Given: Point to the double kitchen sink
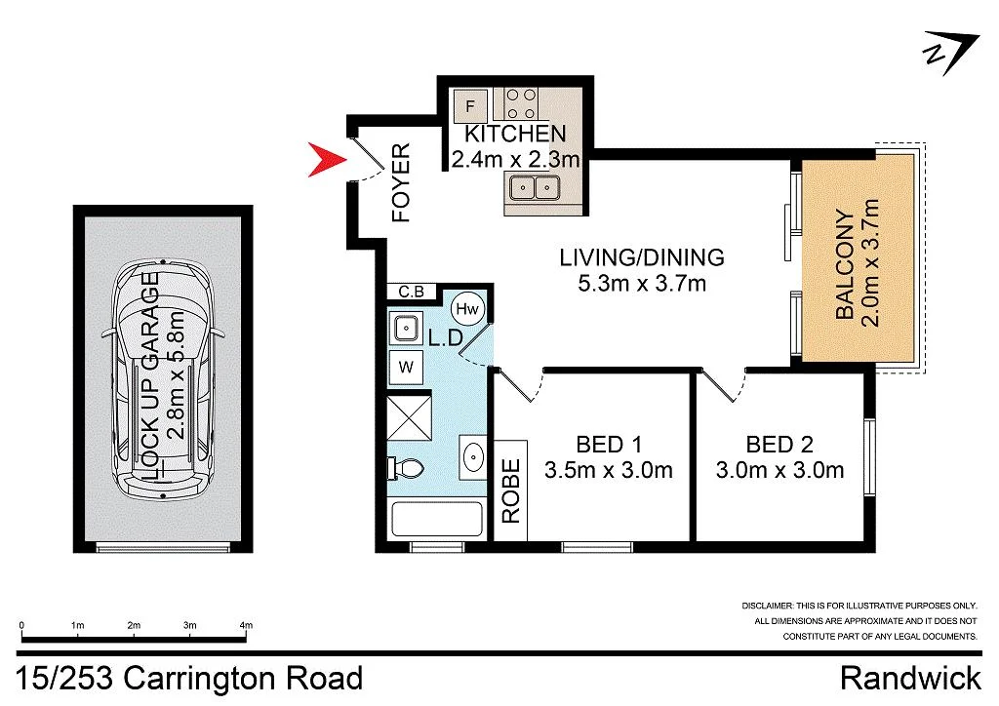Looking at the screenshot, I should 534,186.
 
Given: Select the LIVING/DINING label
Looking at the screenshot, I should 641,257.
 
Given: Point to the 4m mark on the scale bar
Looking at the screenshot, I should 246,625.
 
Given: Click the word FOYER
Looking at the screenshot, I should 401,183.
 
